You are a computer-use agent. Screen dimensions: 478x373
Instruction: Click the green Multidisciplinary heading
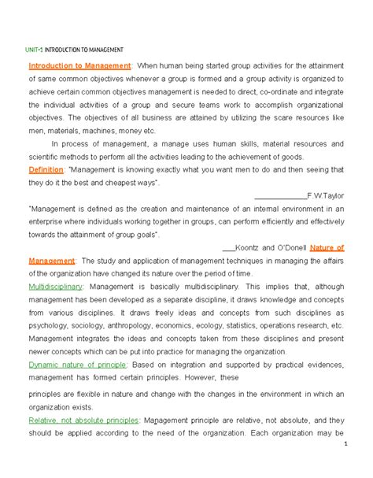(x=54, y=287)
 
